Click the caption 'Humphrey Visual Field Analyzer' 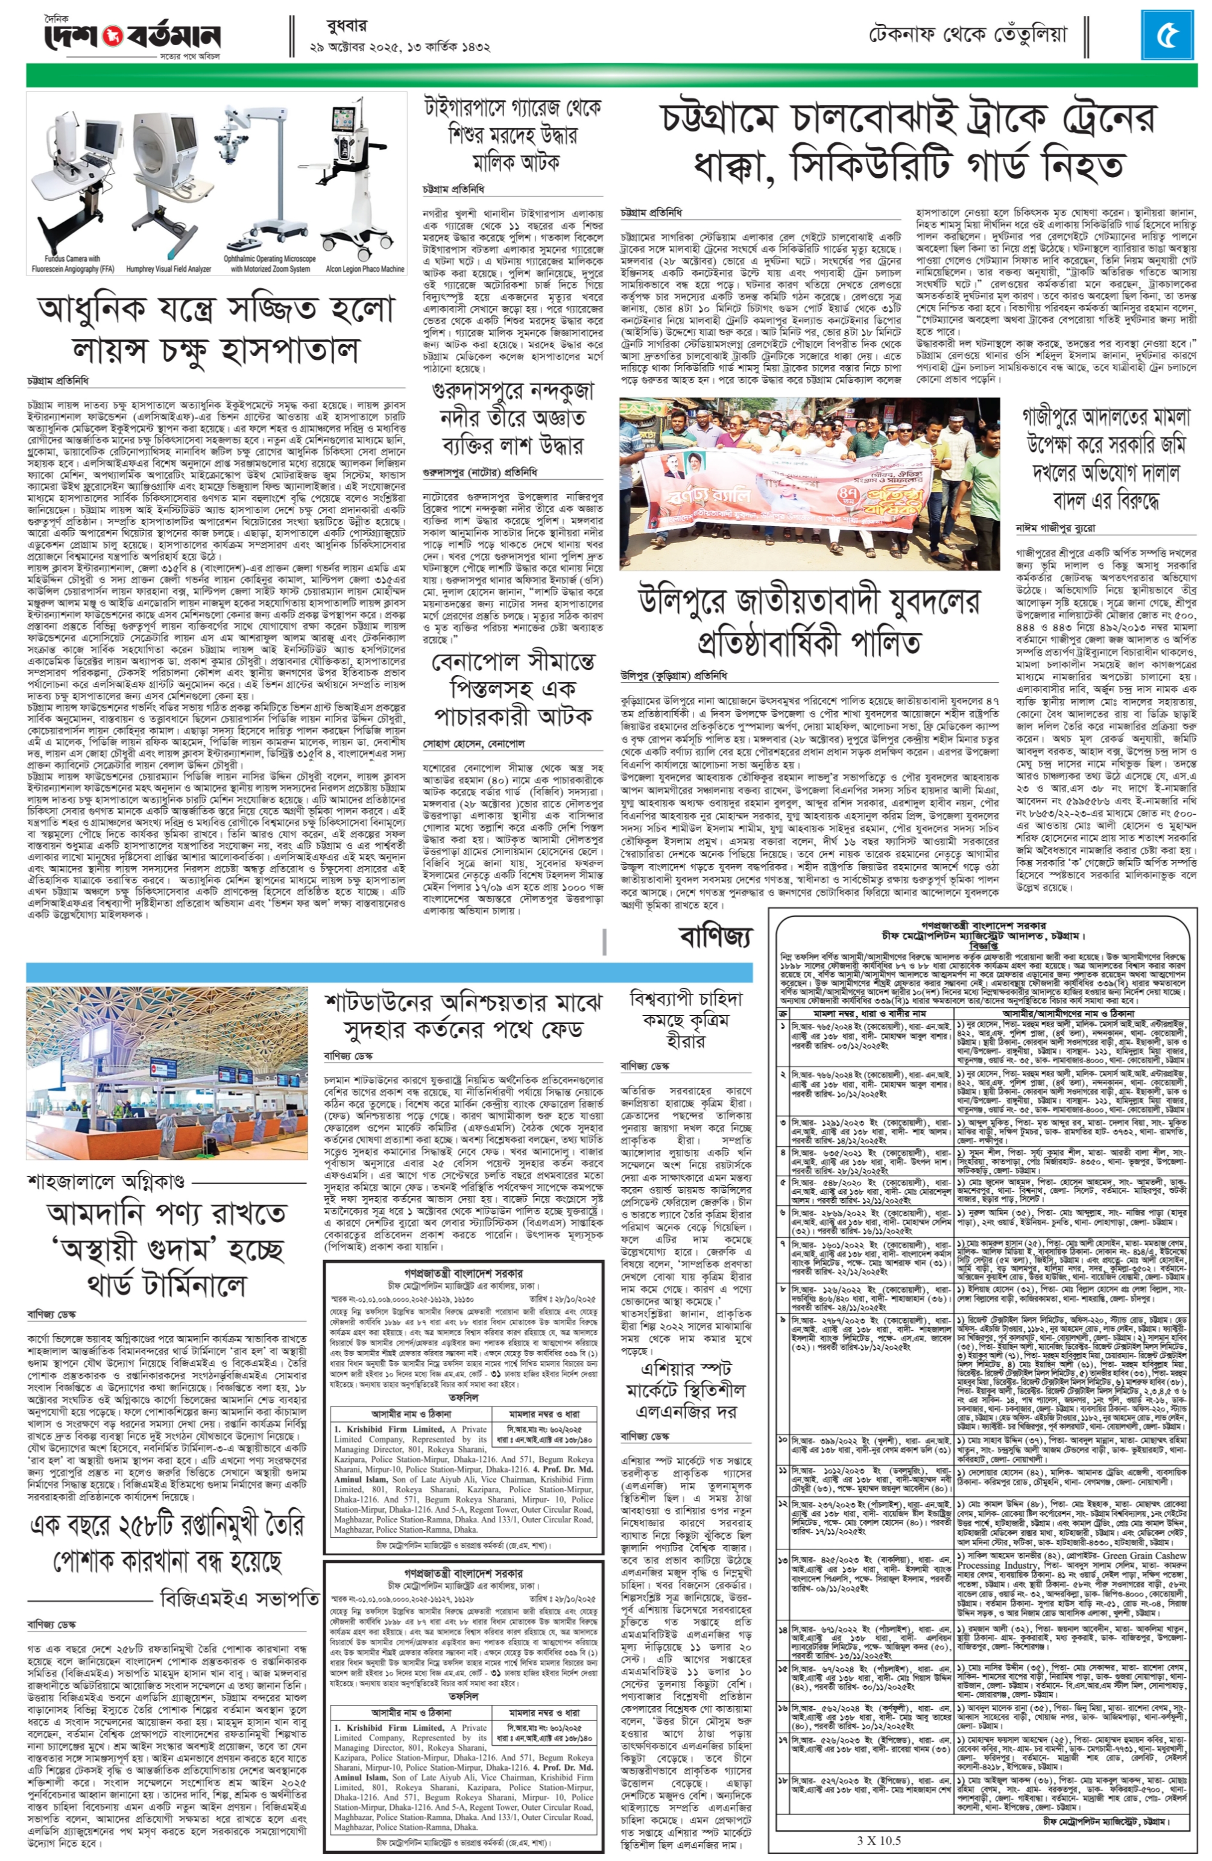click(168, 268)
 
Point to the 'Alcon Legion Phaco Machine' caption click(365, 268)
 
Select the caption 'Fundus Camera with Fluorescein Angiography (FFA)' click(72, 263)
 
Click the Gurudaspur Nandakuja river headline click(513, 418)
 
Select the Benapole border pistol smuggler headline click(513, 688)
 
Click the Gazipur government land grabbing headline click(1106, 457)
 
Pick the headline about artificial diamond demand click(686, 1020)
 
